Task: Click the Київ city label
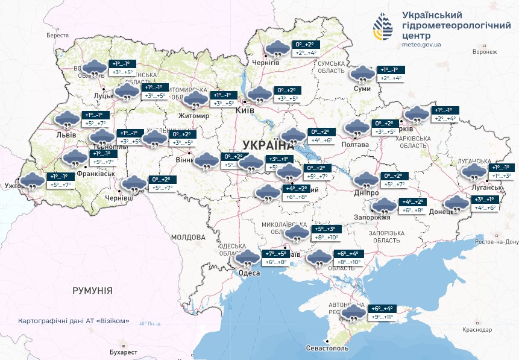(x=245, y=112)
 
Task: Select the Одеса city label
(x=250, y=273)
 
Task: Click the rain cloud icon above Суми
(x=362, y=74)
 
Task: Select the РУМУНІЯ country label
(x=92, y=291)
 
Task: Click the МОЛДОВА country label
(x=189, y=237)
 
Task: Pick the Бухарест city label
(x=124, y=352)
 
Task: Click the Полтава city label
(x=355, y=145)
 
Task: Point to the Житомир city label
(x=193, y=115)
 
